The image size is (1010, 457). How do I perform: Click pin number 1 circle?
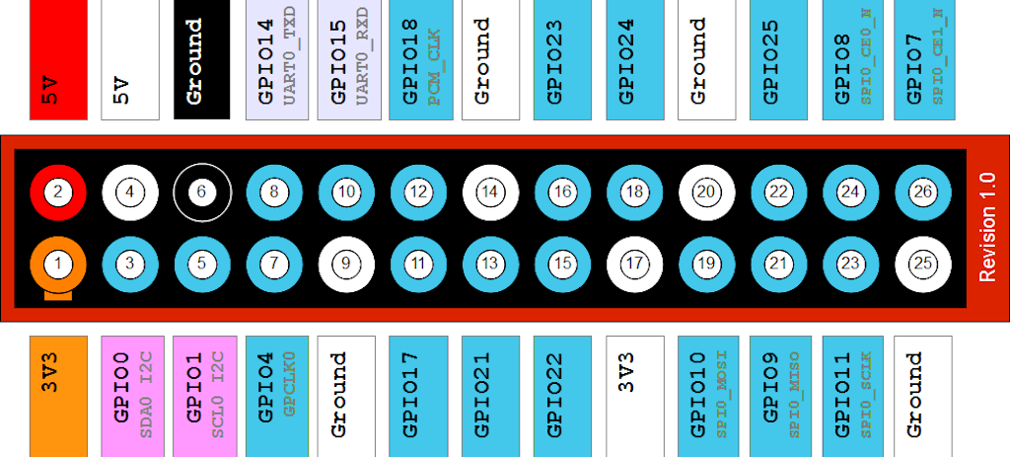(58, 264)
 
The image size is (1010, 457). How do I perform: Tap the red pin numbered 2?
(58, 191)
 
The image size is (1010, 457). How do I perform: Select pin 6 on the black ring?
(202, 191)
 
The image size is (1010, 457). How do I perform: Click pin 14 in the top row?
(491, 191)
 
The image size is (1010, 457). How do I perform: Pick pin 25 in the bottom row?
(923, 264)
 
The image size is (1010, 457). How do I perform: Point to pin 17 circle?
(634, 264)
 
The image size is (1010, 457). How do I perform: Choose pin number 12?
(418, 191)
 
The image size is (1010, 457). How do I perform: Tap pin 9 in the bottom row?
(346, 264)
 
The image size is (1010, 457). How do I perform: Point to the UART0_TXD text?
(290, 56)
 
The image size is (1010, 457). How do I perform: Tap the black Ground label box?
(201, 59)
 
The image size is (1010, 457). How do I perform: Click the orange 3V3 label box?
(58, 396)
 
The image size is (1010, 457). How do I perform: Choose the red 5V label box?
(58, 59)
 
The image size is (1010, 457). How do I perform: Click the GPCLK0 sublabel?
(290, 384)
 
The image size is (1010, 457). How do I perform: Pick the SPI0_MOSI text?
(722, 394)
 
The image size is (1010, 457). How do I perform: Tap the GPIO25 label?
(770, 62)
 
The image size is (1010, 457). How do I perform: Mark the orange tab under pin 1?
(58, 296)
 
